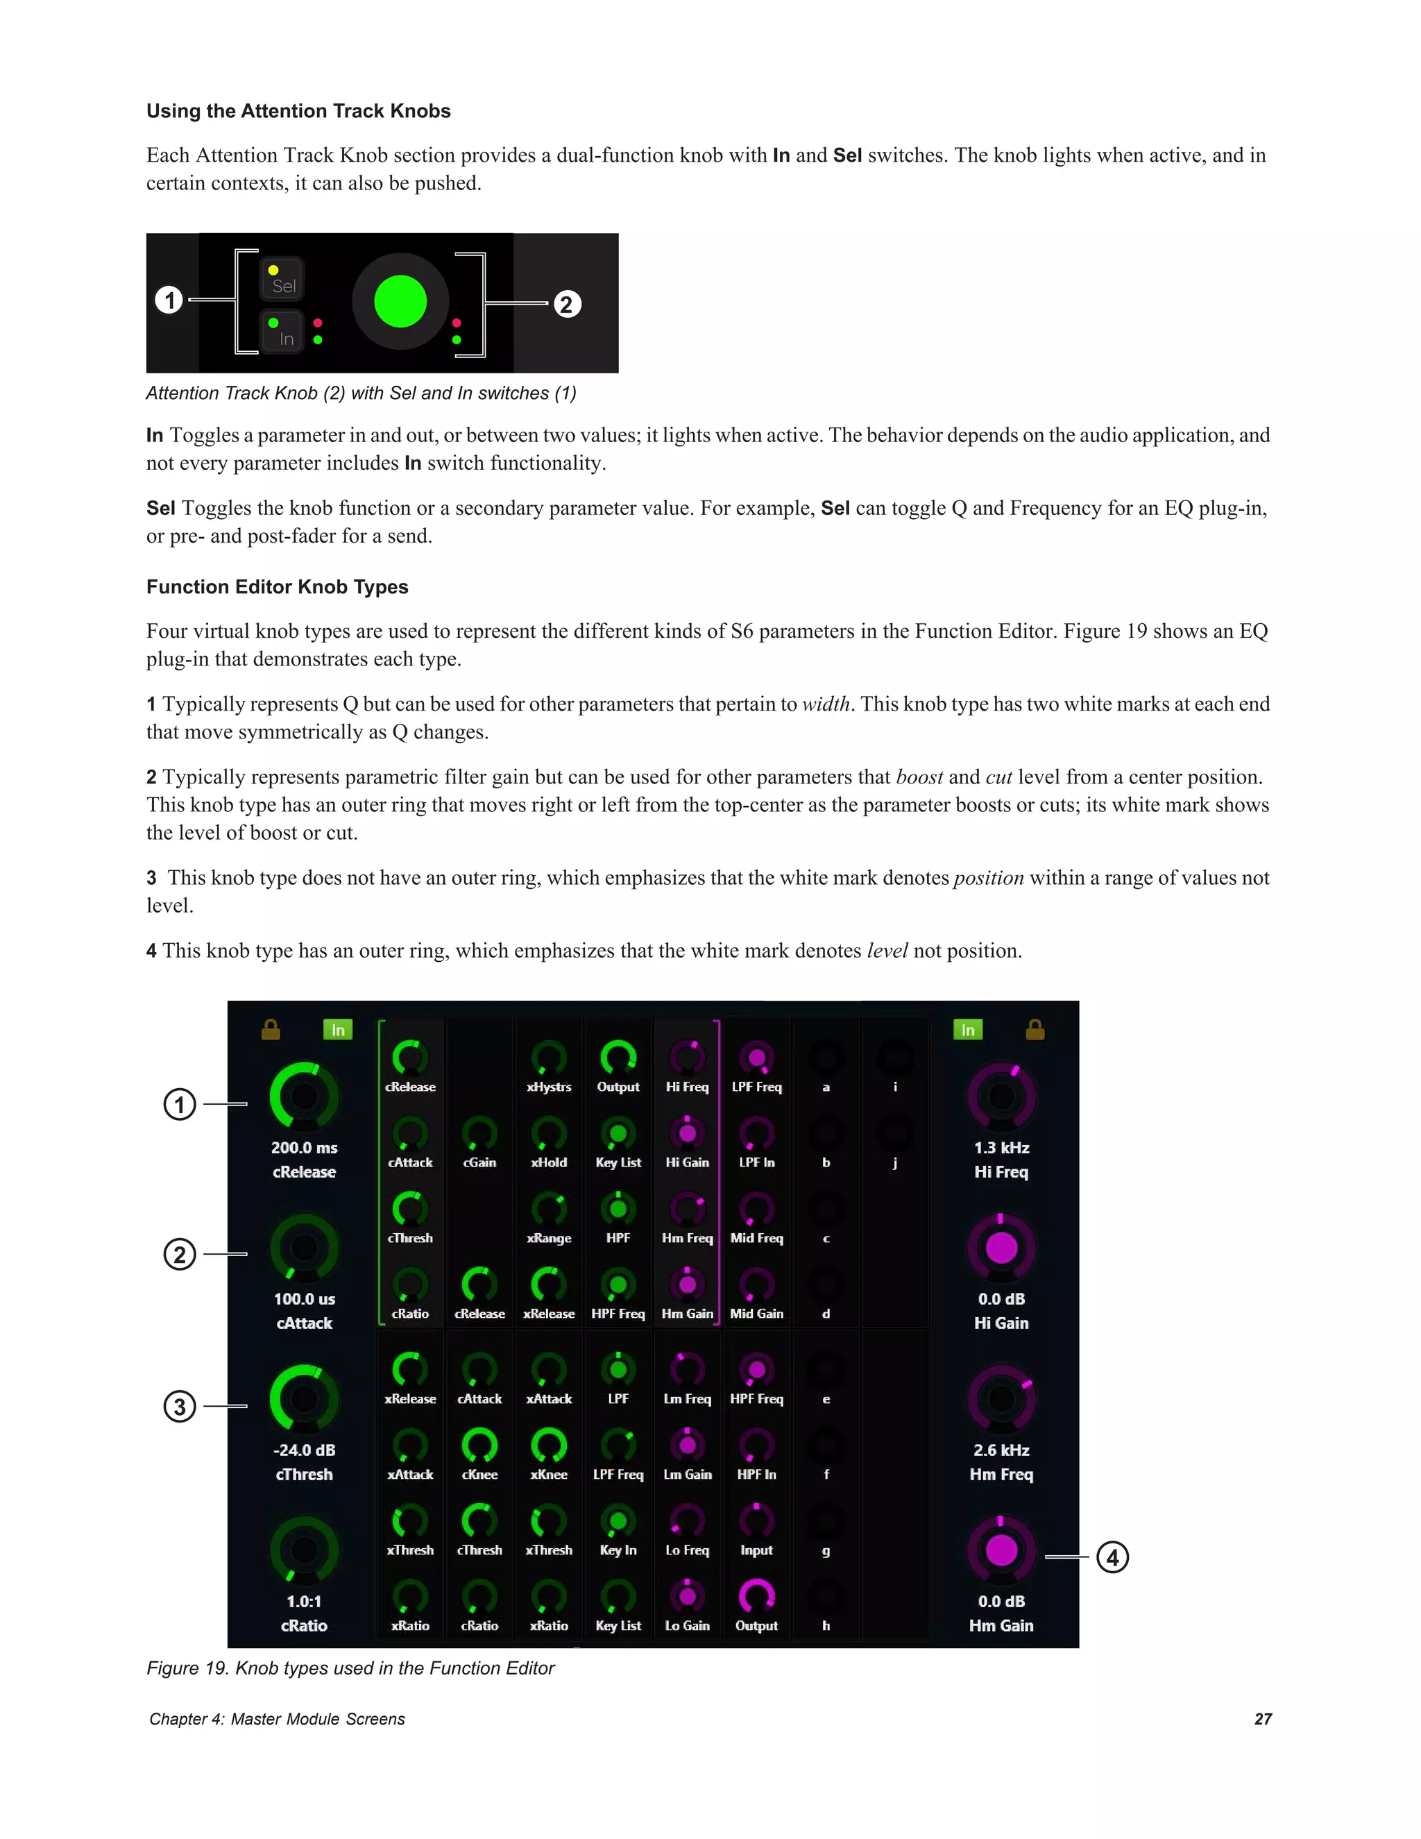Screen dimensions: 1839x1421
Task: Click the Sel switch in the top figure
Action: pos(282,280)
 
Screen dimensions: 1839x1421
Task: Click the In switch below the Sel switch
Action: pos(282,332)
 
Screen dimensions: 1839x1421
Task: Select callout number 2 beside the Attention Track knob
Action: pos(567,304)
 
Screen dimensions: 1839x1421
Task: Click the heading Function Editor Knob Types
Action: pos(277,587)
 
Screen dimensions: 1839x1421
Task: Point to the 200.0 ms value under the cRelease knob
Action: pos(304,1148)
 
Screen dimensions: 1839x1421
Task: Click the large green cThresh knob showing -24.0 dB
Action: pos(304,1398)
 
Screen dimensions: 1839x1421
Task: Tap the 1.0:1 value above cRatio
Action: pos(304,1602)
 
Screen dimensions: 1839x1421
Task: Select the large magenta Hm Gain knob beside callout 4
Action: pos(1001,1550)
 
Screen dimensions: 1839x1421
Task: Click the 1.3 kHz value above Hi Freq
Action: pos(1001,1148)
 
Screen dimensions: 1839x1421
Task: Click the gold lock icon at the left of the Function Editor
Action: pos(270,1029)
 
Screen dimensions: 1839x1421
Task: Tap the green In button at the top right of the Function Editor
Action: pos(967,1030)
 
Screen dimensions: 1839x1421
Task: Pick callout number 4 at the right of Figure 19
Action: pos(1112,1557)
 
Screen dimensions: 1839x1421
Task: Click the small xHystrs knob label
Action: pos(549,1087)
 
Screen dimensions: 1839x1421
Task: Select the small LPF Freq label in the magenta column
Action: pos(756,1087)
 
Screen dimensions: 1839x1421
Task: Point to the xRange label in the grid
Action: pos(549,1238)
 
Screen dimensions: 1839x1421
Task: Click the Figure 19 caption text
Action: pos(350,1668)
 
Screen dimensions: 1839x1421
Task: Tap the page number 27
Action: pos(1263,1718)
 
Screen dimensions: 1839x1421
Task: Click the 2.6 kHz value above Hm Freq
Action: pos(1001,1450)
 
